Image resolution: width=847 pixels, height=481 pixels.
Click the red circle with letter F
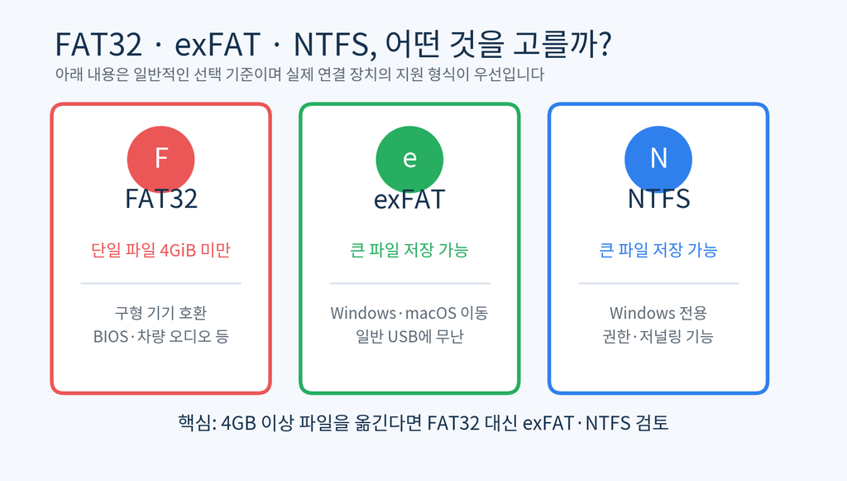coord(161,160)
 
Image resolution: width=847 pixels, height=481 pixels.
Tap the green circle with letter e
coord(409,160)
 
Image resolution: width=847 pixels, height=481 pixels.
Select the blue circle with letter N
coord(658,160)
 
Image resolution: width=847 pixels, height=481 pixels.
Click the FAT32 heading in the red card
coord(161,199)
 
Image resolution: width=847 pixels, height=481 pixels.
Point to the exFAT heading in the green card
coord(409,199)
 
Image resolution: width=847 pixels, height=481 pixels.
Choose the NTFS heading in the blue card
coord(658,199)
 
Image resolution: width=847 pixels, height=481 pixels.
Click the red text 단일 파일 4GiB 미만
coord(161,250)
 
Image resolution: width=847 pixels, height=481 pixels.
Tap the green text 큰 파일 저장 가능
coord(409,250)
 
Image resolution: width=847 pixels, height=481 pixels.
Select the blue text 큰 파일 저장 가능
coord(658,250)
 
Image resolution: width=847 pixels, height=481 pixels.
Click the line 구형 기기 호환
coord(161,313)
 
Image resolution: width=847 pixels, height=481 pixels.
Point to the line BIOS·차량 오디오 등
coord(161,336)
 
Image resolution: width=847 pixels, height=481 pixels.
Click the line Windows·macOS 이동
coord(409,313)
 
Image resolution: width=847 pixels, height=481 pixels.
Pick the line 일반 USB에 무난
coord(409,336)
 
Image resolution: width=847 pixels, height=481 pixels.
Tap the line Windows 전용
coord(658,313)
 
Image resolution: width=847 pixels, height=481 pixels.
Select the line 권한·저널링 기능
coord(658,336)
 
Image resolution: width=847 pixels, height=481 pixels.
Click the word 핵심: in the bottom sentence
coord(197,422)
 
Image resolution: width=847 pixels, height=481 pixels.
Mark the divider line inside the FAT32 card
coord(161,283)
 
